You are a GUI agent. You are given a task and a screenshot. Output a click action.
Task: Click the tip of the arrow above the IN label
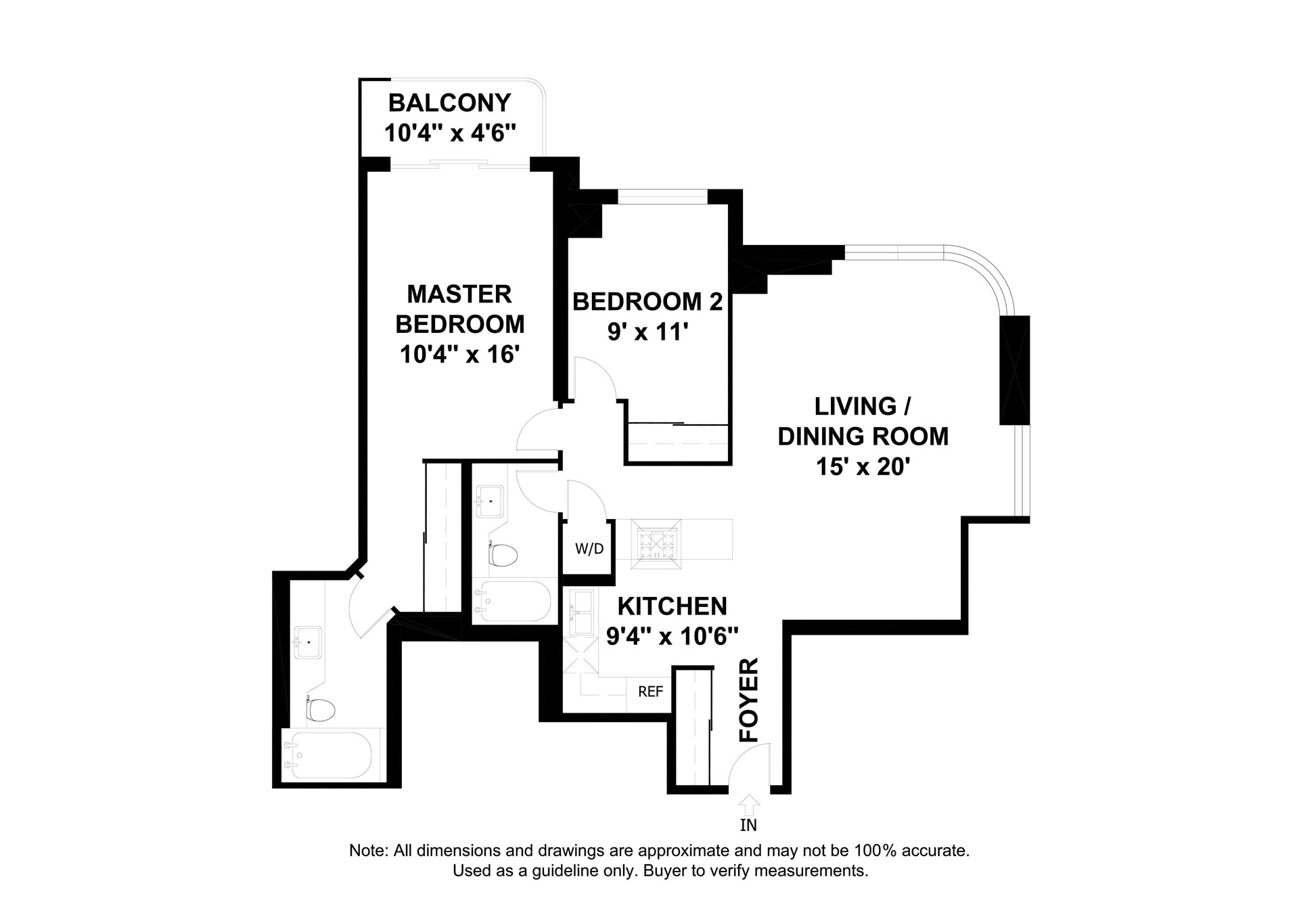tap(749, 795)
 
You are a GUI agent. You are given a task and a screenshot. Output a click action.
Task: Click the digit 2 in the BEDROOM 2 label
tap(716, 301)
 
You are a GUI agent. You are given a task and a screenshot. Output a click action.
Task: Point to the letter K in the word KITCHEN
tap(626, 606)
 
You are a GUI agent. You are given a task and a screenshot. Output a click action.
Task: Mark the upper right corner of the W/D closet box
tap(614, 520)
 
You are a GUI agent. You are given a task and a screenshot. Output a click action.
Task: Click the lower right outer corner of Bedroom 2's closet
tap(731, 464)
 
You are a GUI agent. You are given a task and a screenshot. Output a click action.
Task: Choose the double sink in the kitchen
tap(581, 613)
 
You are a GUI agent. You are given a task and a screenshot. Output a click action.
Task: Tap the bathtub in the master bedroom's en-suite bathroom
tap(327, 756)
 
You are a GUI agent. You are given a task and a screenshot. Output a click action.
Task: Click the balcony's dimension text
tap(451, 133)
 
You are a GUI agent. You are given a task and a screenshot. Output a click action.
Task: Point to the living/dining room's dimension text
tap(862, 467)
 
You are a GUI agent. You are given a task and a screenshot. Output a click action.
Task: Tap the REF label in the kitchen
tap(651, 692)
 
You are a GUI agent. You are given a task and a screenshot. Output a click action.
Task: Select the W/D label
tap(589, 549)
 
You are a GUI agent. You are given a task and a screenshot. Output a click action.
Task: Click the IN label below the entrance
tap(748, 825)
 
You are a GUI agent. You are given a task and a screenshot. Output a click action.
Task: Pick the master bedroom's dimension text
tap(459, 354)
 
